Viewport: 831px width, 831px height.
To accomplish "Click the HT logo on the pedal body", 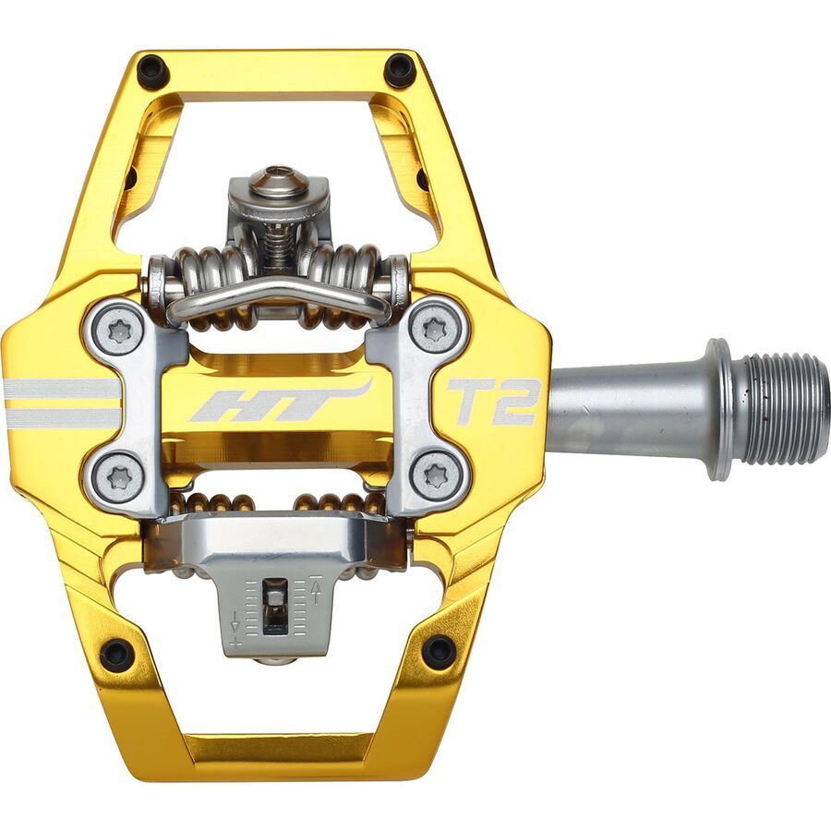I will point(277,403).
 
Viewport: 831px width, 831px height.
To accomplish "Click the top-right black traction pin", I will point(400,70).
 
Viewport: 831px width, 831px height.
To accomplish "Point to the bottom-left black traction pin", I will point(117,653).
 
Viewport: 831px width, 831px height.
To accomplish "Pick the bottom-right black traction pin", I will point(439,652).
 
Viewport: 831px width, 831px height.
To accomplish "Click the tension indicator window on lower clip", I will point(275,606).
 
